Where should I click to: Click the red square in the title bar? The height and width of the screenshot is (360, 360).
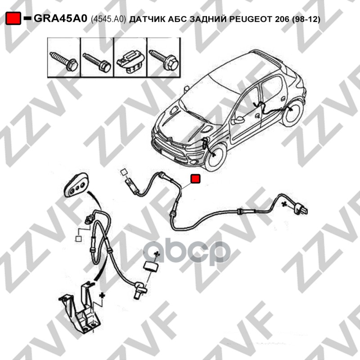(x=13, y=18)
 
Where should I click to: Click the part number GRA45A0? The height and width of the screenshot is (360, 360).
(x=60, y=18)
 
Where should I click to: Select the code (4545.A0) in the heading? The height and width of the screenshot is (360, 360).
(x=108, y=19)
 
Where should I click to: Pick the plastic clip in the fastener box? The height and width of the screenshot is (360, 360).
(x=130, y=62)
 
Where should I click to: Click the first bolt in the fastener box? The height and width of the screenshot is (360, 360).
(x=64, y=61)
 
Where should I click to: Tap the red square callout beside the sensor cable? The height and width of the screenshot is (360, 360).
(x=196, y=179)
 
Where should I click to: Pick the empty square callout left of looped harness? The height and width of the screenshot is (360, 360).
(x=78, y=239)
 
